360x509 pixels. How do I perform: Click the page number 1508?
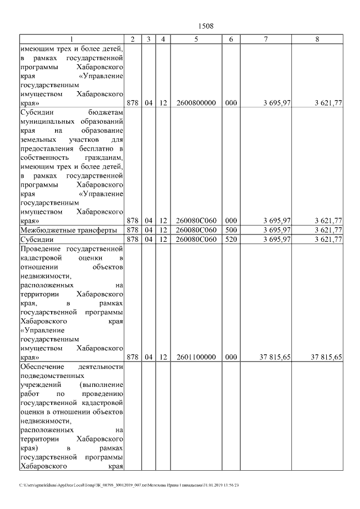coord(206,26)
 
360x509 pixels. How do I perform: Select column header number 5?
coord(196,39)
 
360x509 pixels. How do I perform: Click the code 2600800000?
coord(196,103)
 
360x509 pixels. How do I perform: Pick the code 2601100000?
coord(196,357)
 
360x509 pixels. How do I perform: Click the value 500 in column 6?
coord(231,230)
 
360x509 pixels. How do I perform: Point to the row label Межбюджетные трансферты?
coord(69,230)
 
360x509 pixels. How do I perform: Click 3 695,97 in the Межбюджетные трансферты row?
coord(276,230)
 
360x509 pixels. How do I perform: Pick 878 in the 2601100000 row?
coord(133,357)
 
